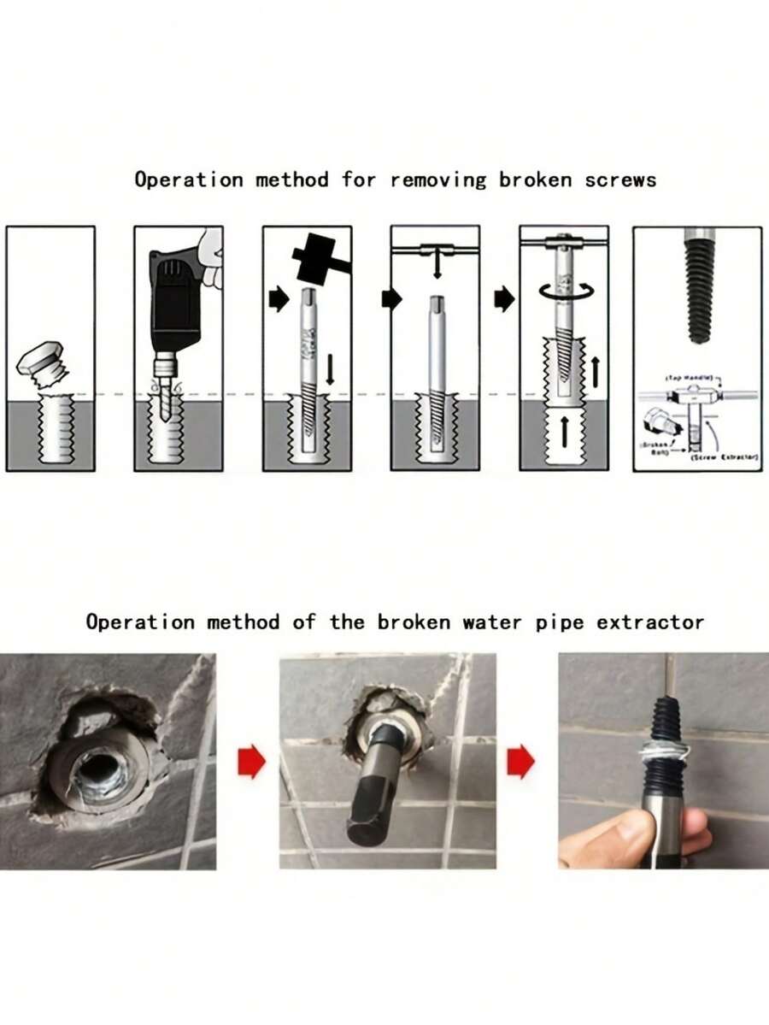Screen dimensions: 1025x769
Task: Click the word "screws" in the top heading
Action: pos(620,180)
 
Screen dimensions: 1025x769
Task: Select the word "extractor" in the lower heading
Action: pos(651,621)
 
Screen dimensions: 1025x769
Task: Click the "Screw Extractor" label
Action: pos(725,458)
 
